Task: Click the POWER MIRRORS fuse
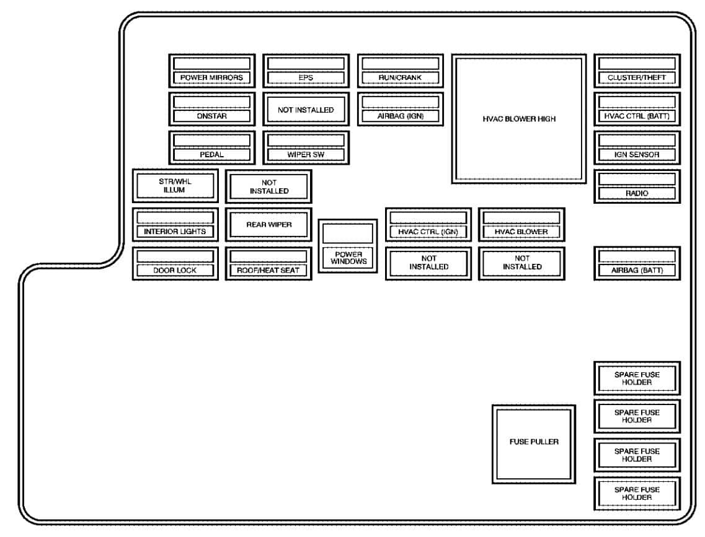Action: coord(212,71)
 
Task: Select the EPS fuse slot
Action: coord(306,71)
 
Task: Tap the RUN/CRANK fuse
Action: coord(401,71)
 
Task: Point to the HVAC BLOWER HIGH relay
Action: coord(519,119)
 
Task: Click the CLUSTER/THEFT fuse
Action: coord(637,71)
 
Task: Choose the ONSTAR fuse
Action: coord(212,109)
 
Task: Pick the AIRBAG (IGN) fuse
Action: coord(401,109)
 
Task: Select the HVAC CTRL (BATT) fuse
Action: coord(637,109)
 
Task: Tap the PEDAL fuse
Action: coord(212,147)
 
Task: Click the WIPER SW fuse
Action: coord(306,147)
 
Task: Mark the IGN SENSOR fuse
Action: coord(637,147)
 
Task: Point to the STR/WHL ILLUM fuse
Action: coord(175,186)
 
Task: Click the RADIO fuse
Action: coord(637,186)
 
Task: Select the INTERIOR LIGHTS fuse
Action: coord(175,224)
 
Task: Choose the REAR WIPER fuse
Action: coord(268,224)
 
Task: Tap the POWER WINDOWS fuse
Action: coord(348,246)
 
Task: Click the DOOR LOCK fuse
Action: coord(175,264)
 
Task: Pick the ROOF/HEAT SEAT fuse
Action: coord(268,264)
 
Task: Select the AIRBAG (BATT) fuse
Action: coord(637,264)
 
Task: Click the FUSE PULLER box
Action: coord(534,444)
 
